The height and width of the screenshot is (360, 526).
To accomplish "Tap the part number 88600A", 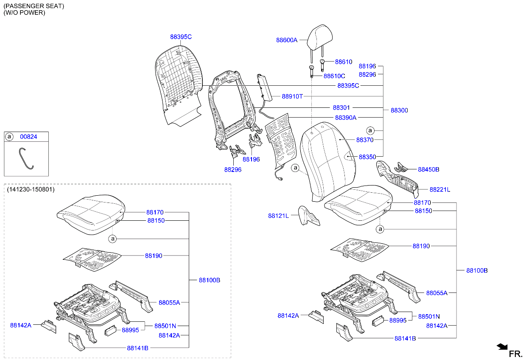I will [287, 40].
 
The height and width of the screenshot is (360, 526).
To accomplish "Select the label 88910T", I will [292, 96].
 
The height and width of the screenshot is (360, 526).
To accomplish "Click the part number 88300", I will [399, 110].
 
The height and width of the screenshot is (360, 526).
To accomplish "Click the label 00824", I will [28, 137].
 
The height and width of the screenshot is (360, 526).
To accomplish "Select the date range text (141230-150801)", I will [31, 189].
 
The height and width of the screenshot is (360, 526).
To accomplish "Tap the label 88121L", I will [278, 216].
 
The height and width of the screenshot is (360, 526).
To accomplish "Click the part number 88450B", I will [428, 169].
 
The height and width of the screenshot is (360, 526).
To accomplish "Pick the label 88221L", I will [440, 189].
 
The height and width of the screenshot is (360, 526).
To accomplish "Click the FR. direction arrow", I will [502, 347].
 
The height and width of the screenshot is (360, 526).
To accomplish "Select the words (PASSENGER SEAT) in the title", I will [34, 6].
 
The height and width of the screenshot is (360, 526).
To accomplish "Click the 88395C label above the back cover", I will [181, 37].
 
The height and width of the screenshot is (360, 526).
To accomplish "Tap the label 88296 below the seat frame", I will [233, 169].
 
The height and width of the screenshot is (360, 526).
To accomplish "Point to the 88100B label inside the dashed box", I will [210, 280].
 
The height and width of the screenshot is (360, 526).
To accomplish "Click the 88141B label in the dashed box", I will [137, 348].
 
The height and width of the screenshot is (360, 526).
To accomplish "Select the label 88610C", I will [334, 76].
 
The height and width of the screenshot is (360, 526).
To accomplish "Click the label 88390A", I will [346, 118].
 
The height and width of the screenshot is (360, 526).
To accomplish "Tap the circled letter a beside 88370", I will [370, 130].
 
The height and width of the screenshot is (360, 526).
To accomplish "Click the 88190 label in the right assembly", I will [421, 246].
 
